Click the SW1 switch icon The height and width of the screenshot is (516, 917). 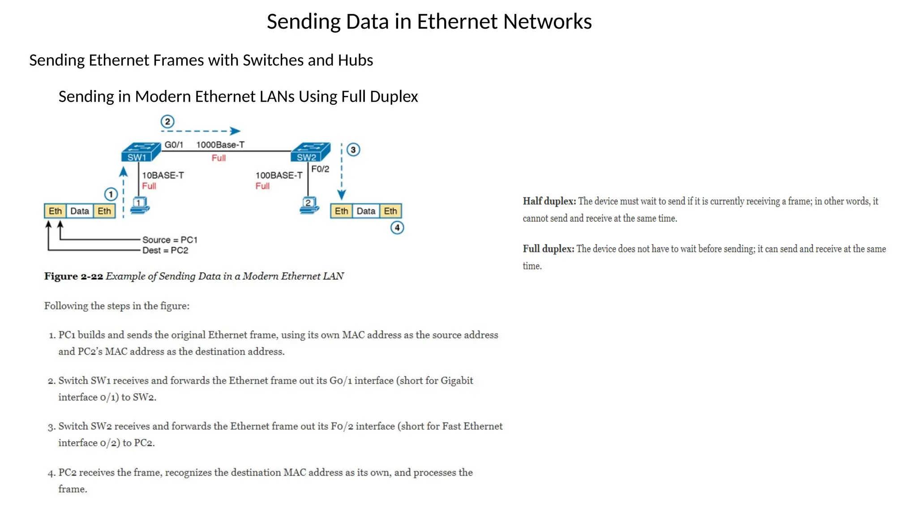click(x=141, y=152)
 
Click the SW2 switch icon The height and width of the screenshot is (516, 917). click(x=310, y=152)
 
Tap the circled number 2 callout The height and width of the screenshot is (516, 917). click(x=167, y=122)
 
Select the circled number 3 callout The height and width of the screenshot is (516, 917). click(x=353, y=150)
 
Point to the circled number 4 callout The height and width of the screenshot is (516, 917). click(x=397, y=228)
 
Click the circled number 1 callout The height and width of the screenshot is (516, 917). click(x=111, y=194)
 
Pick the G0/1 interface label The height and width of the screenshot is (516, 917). click(x=174, y=145)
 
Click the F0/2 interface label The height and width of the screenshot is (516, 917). click(x=320, y=169)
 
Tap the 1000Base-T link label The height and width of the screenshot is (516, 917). click(x=220, y=145)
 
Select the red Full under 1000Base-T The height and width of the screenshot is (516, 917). click(x=219, y=158)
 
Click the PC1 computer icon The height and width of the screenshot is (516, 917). click(x=140, y=205)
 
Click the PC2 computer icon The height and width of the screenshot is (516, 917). click(x=309, y=205)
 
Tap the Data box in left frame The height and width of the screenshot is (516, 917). click(x=80, y=211)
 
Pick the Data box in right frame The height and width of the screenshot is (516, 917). click(x=366, y=211)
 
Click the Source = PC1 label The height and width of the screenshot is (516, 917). click(x=170, y=240)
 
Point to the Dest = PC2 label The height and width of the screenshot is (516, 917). click(x=165, y=250)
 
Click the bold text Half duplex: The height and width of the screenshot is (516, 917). click(x=549, y=201)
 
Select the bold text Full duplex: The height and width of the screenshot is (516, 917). click(x=548, y=249)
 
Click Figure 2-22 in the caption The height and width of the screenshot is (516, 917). click(x=73, y=276)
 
